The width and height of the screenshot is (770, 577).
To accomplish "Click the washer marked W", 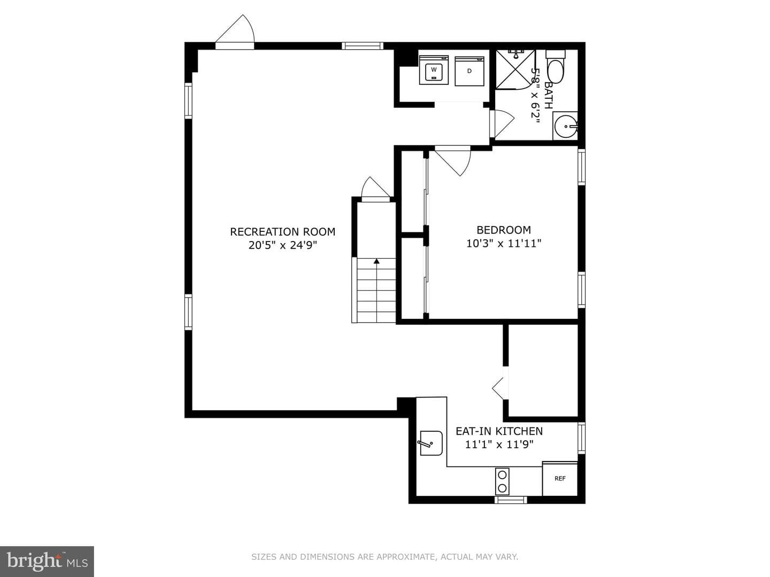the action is (x=434, y=70).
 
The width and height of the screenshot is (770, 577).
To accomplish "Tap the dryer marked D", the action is (x=469, y=71).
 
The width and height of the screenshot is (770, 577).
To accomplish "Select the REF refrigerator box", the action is (x=560, y=479).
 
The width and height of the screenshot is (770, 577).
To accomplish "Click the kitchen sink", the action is (x=431, y=443).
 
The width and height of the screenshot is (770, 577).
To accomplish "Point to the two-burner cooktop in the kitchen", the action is (x=502, y=481).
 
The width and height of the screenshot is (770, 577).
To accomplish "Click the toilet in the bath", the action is (x=556, y=67).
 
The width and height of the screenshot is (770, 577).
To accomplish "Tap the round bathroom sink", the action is (x=566, y=126).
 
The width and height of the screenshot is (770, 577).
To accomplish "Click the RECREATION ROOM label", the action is (x=282, y=231).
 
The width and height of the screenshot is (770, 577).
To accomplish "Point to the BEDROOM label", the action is (x=503, y=230).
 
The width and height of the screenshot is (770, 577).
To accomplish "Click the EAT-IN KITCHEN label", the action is (x=499, y=431).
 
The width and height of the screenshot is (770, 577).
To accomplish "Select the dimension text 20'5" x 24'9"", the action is (x=282, y=245).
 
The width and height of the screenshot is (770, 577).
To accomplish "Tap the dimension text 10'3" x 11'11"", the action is (x=503, y=243).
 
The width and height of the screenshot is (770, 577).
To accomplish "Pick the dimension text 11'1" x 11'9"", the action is (x=499, y=444).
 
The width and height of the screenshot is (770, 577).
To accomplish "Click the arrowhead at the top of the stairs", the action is (x=376, y=261).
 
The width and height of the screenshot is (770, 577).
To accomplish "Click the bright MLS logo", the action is (x=47, y=561).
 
